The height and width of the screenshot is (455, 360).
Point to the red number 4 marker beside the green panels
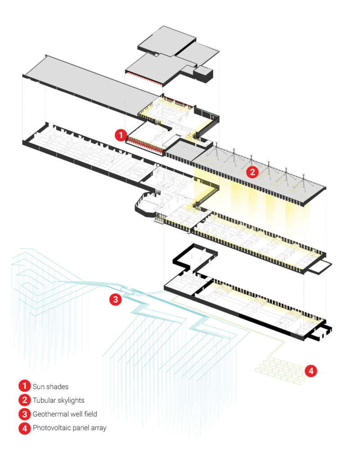coord(311,371)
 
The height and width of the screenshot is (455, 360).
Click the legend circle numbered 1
coord(24,386)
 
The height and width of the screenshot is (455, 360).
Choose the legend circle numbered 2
coord(24,400)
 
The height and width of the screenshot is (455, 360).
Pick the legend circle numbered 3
coord(24,414)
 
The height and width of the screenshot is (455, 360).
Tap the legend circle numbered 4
coord(24,428)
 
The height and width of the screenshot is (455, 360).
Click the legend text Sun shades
coord(50,386)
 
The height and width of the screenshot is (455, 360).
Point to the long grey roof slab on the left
coord(85,84)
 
